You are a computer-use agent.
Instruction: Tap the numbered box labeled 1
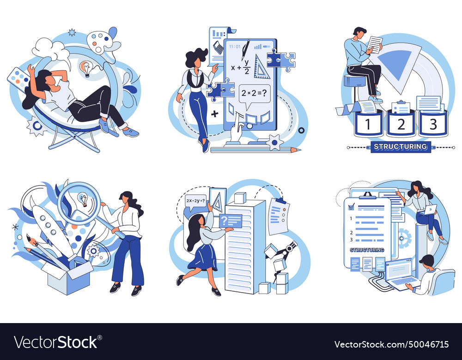click(368, 124)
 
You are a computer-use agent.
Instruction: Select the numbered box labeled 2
click(401, 124)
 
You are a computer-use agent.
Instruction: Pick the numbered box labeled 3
click(433, 124)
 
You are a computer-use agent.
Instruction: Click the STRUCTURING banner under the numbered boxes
click(400, 147)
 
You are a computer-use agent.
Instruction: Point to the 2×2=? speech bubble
click(254, 94)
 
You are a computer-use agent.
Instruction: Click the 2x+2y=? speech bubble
click(196, 201)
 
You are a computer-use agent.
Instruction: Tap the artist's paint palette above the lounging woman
click(103, 42)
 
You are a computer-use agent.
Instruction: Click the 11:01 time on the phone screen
click(235, 46)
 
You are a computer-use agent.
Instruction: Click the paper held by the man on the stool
click(376, 45)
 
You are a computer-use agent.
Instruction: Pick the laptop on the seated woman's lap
click(429, 209)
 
